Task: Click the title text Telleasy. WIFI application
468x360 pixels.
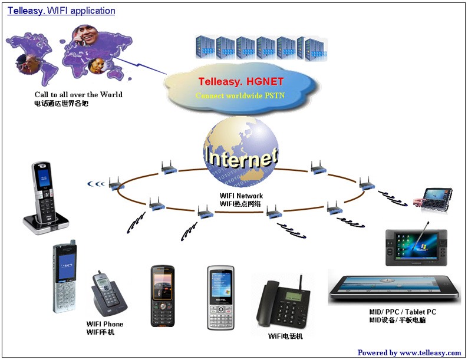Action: pyautogui.click(x=61, y=11)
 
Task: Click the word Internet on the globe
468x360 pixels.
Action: pyautogui.click(x=240, y=157)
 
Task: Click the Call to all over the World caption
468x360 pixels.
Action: pyautogui.click(x=78, y=94)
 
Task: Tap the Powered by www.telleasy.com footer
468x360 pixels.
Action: pyautogui.click(x=409, y=352)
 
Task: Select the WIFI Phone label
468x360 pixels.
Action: pyautogui.click(x=105, y=324)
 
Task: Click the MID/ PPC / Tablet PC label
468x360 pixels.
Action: pyautogui.click(x=398, y=312)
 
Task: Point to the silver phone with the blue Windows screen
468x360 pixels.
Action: pyautogui.click(x=220, y=298)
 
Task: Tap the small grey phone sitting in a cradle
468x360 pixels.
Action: pyautogui.click(x=107, y=293)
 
